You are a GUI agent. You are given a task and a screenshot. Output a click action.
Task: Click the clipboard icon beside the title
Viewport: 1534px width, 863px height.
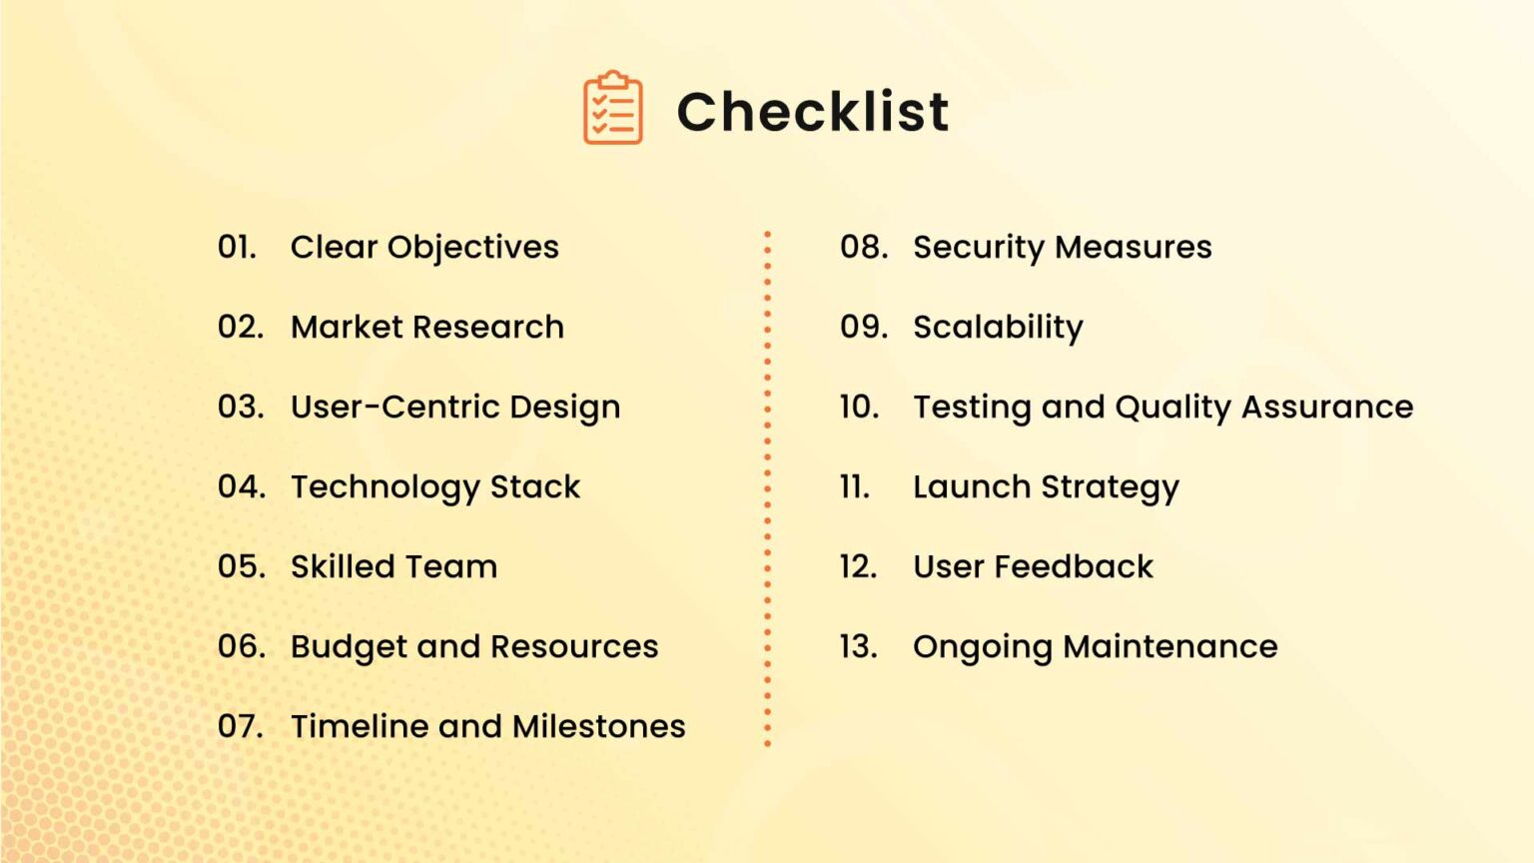point(612,108)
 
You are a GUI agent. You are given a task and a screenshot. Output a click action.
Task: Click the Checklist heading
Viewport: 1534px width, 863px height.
point(812,111)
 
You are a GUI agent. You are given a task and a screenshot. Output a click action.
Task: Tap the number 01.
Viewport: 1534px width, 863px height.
point(237,247)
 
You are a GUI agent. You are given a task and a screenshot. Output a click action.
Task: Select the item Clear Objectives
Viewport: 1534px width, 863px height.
point(424,248)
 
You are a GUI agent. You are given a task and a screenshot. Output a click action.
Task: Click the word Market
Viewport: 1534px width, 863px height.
point(347,327)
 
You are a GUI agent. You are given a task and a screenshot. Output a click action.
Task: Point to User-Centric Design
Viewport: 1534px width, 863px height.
point(455,408)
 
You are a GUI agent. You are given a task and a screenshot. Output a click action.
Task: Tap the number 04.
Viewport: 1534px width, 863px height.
point(242,486)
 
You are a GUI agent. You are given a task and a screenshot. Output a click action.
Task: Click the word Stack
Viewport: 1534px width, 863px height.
point(535,486)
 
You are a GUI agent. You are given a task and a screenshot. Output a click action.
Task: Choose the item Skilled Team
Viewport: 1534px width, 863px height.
point(393,566)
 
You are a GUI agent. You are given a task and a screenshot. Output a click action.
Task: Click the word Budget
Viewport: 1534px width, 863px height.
point(349,647)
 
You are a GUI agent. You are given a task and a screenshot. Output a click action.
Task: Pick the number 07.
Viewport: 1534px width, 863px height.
point(241,726)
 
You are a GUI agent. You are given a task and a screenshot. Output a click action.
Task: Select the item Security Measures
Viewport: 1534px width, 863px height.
point(1062,247)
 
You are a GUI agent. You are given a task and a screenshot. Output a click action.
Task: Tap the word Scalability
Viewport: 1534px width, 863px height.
point(998,328)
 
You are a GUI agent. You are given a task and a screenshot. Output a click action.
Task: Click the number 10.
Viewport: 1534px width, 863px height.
point(859,407)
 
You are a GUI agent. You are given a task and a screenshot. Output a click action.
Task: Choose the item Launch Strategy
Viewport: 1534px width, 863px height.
point(1046,487)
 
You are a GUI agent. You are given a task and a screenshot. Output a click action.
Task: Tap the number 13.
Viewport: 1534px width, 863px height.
point(858,646)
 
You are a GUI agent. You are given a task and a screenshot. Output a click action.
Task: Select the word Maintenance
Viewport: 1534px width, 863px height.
point(1170,646)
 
